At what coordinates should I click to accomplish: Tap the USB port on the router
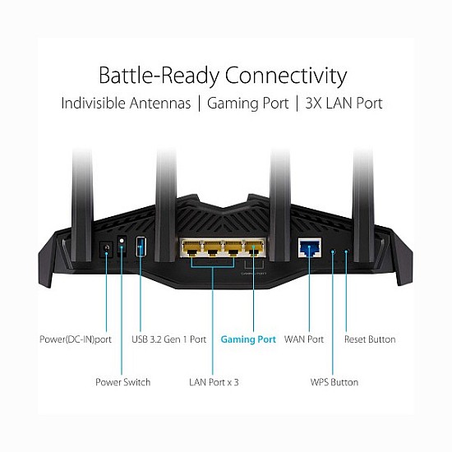[x=139, y=246]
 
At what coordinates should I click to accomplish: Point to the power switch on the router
[x=122, y=246]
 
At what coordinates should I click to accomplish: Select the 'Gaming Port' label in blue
[x=249, y=339]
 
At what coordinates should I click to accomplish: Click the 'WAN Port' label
[x=304, y=339]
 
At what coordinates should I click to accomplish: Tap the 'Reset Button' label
[x=370, y=339]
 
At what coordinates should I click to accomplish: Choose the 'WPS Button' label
[x=333, y=382]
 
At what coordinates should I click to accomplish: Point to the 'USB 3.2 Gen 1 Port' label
[x=168, y=339]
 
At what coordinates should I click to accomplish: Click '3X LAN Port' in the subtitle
[x=344, y=104]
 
